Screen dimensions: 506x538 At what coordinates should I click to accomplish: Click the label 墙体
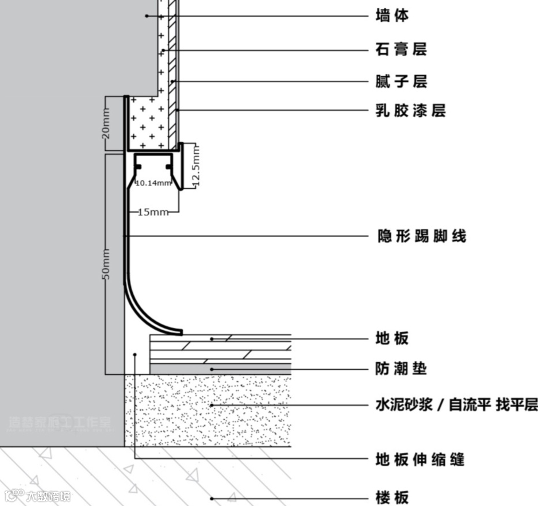(x=393, y=16)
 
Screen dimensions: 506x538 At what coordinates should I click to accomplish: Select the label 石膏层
(x=402, y=50)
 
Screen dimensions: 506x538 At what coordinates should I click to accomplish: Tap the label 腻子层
(x=402, y=81)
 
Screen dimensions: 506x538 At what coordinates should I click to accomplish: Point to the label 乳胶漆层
(x=410, y=110)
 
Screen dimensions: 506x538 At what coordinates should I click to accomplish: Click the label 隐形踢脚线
(x=421, y=235)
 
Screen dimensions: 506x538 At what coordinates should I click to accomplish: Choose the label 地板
(x=392, y=338)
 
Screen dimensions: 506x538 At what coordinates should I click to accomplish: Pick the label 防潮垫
(x=401, y=368)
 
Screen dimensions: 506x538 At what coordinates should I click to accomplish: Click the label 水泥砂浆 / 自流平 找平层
(x=456, y=405)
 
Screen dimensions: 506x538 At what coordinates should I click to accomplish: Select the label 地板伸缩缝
(x=420, y=459)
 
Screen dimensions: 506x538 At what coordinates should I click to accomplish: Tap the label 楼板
(x=392, y=497)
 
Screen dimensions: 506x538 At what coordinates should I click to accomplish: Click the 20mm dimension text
(x=106, y=124)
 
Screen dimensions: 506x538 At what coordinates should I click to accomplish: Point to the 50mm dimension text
(x=106, y=265)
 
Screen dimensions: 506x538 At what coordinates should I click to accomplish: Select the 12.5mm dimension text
(x=195, y=166)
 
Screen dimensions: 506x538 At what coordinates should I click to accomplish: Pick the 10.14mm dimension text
(x=153, y=183)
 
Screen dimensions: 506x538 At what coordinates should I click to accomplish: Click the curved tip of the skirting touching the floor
(x=179, y=332)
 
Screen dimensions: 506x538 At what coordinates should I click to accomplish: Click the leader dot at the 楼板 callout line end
(x=212, y=498)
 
